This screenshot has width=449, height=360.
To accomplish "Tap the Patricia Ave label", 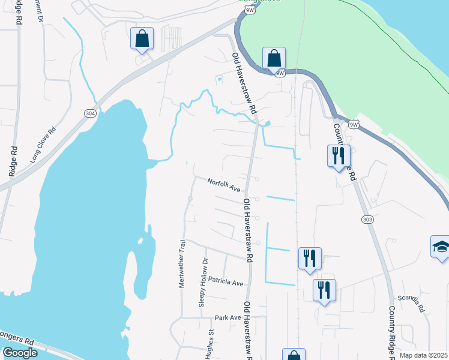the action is click(226, 282).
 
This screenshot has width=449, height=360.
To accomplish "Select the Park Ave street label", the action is click(228, 317).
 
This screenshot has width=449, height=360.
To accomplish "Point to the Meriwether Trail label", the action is click(182, 264).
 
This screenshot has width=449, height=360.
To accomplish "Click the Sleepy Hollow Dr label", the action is click(203, 283).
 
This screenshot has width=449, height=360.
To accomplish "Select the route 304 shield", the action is click(89, 114).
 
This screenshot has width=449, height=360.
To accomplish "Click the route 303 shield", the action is click(367, 220).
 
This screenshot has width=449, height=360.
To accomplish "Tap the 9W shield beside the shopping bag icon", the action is click(279, 73).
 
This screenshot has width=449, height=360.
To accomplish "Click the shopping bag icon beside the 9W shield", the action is click(273, 59).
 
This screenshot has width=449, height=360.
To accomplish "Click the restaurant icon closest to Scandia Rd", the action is click(324, 290).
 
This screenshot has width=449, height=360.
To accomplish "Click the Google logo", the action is click(20, 353).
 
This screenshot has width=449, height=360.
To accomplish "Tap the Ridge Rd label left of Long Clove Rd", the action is click(13, 161).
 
